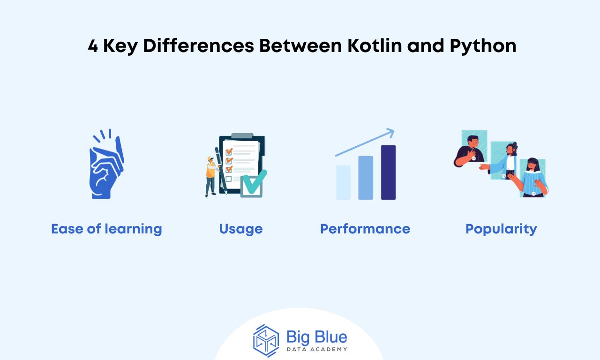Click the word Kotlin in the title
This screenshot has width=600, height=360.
coord(375,45)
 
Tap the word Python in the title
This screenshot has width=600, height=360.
coord(483,46)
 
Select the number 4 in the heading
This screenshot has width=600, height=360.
coord(93,46)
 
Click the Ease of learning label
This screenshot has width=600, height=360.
coord(106,229)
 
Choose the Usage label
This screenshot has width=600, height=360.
coord(241,229)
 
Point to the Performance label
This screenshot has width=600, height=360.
coord(365,229)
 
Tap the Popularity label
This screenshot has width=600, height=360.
coord(501,229)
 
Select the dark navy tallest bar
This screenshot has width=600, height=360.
coord(388,172)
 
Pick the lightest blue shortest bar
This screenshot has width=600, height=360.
coord(343,182)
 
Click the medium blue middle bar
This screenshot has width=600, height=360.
coord(366,178)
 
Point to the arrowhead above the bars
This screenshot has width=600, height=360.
coord(390,133)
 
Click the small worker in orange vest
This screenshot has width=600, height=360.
coord(211,177)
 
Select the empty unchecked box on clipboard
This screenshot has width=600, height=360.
coord(228,179)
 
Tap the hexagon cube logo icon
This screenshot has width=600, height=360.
coord(266,341)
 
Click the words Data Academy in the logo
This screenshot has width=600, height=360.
coord(317,349)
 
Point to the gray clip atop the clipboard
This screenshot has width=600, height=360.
coord(242,136)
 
